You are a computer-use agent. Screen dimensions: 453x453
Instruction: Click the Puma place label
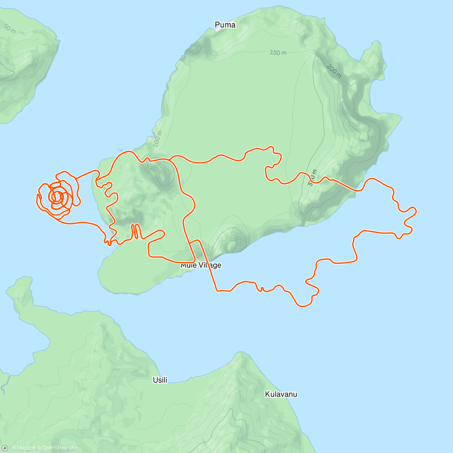(x=225, y=25)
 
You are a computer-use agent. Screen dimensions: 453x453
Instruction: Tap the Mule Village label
(x=201, y=265)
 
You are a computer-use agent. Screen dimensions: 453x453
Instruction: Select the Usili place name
(x=160, y=380)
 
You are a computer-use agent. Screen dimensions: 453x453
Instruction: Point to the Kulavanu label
(x=281, y=394)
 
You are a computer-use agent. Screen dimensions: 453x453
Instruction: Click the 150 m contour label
(x=278, y=52)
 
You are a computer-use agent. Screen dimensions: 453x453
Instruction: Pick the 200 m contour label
(x=334, y=71)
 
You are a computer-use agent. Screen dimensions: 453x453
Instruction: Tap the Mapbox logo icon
(x=5, y=448)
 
